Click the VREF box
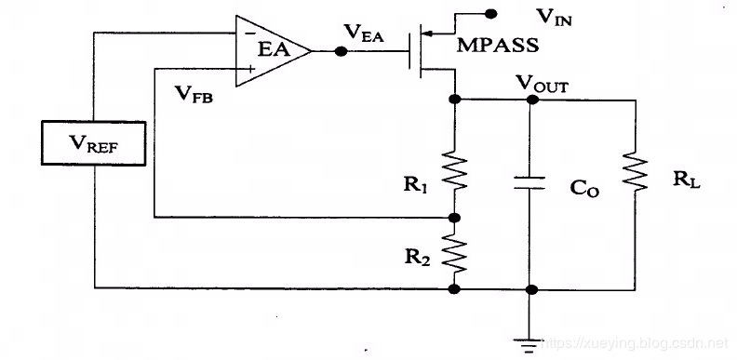[x=94, y=144]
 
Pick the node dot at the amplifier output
[x=342, y=51]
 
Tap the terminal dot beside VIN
[x=492, y=13]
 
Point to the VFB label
[x=194, y=92]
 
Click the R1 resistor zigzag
[x=453, y=170]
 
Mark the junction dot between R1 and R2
[x=453, y=217]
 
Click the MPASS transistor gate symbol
[x=415, y=52]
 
